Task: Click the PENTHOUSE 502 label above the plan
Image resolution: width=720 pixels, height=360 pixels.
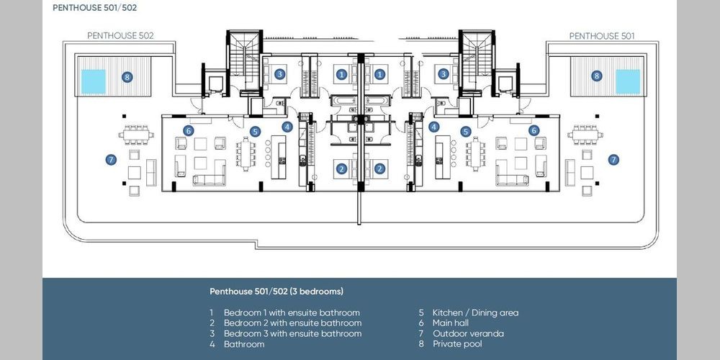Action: [120, 35]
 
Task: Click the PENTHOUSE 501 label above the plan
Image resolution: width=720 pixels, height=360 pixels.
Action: [602, 36]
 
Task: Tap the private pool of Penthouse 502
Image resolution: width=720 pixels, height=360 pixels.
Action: [93, 81]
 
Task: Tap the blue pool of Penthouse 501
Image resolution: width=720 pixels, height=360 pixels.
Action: [628, 81]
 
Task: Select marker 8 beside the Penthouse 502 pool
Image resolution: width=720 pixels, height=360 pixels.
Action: [127, 77]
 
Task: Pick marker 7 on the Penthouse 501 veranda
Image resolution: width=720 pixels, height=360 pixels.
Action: [613, 160]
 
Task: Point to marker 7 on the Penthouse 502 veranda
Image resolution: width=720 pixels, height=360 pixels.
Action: [111, 160]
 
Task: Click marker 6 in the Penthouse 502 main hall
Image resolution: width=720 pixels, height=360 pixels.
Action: [188, 131]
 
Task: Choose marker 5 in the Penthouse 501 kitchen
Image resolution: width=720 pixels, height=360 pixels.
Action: [466, 132]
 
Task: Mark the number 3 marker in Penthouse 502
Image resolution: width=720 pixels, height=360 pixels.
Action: [279, 74]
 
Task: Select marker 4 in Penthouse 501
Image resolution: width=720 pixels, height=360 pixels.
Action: [434, 127]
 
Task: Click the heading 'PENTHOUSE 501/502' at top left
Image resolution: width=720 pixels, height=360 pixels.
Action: [94, 8]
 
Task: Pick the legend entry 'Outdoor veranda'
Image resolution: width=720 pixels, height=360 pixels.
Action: [468, 333]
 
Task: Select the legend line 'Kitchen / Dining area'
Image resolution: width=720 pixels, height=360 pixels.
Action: [475, 312]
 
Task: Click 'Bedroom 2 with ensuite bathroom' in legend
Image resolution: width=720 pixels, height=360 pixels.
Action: [292, 323]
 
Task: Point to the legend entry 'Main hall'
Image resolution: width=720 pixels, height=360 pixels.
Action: [451, 323]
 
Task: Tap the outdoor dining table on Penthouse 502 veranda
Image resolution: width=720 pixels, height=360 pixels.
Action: [136, 135]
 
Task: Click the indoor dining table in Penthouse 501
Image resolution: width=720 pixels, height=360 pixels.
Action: [474, 154]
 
